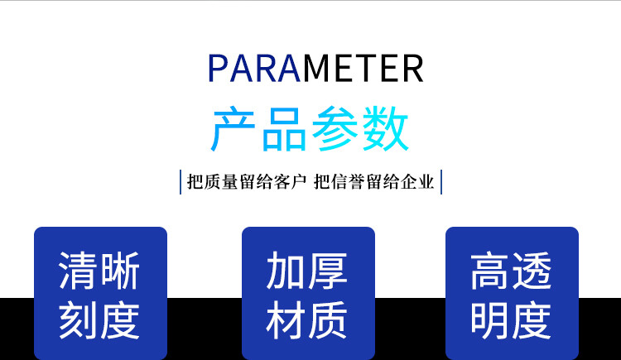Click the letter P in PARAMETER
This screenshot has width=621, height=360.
click(217, 68)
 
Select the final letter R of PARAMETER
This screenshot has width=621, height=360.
click(413, 68)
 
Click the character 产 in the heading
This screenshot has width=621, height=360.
click(233, 128)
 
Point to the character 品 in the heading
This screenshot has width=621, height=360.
click(284, 128)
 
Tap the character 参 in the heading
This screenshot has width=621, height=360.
click(335, 128)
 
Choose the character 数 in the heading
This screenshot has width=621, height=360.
click(385, 128)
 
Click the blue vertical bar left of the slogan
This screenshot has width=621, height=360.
click(181, 182)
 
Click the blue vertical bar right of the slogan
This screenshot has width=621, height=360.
click(441, 182)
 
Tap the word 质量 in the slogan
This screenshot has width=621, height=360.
click(220, 182)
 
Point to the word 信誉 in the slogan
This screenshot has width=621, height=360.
click(347, 182)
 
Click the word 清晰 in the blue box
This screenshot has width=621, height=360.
click(99, 271)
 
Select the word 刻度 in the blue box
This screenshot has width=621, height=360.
click(99, 320)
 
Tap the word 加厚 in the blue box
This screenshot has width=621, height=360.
click(307, 271)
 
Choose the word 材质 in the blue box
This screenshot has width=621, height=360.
click(307, 320)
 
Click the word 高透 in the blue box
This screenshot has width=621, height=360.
click(512, 271)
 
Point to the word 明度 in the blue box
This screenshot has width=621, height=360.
click(512, 320)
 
